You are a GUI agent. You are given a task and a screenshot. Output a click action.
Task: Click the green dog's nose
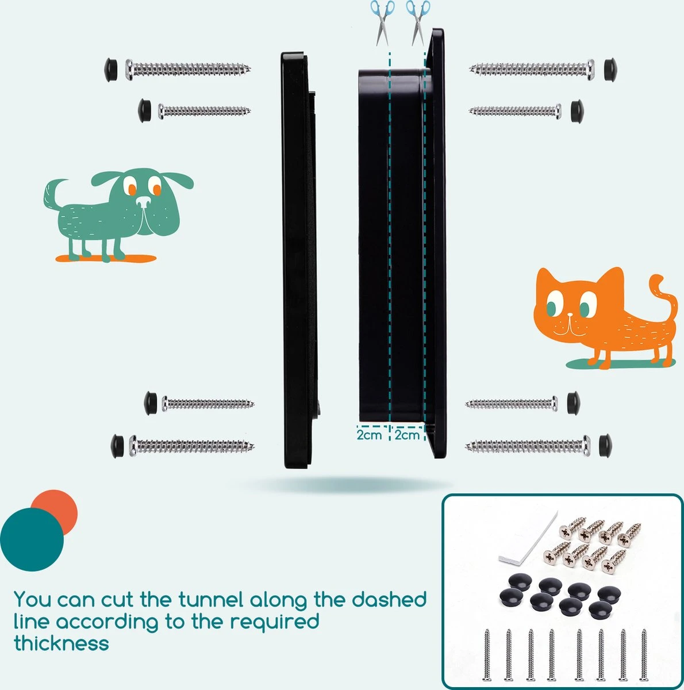tap(144, 201)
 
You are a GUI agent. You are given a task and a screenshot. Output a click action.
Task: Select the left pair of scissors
tap(382, 23)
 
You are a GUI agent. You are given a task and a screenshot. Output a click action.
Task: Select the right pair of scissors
tap(418, 23)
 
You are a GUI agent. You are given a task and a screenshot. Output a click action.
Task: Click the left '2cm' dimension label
tap(369, 435)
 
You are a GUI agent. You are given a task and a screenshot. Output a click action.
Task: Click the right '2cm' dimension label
tap(407, 435)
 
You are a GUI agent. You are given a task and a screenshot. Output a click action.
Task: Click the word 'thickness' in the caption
tap(62, 643)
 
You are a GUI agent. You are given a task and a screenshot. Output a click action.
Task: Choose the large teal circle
tap(32, 539)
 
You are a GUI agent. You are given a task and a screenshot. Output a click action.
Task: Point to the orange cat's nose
tap(570, 315)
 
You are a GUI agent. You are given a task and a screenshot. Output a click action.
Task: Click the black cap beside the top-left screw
tap(111, 70)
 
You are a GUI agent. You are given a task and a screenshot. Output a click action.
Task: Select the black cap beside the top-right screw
tap(610, 69)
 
